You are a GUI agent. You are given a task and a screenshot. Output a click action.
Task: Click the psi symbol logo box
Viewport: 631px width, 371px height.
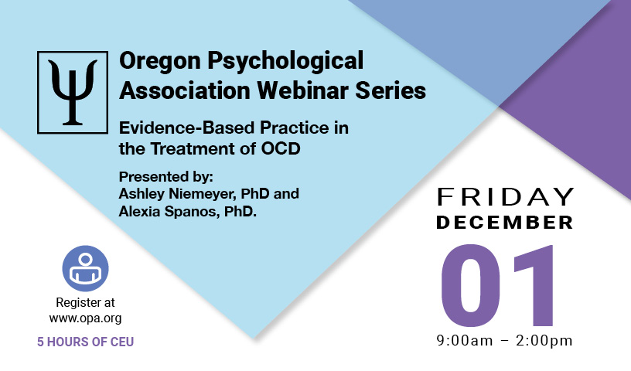pos(73,92)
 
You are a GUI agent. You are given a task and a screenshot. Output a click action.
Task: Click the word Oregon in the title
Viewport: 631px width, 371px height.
pos(160,61)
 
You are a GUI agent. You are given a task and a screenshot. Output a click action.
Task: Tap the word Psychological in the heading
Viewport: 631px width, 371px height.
pos(285,61)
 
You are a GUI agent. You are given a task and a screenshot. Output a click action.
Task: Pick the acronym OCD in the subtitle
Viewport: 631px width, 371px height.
pos(281,149)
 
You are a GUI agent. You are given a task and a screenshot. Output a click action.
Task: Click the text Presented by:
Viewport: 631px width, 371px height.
pos(165,177)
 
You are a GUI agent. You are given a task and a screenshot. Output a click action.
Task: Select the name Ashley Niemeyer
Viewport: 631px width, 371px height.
pos(176,194)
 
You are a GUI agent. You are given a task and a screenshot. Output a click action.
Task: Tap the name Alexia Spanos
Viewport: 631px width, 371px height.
pos(169,212)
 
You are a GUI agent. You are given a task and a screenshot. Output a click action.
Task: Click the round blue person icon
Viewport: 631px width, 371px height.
pos(85,268)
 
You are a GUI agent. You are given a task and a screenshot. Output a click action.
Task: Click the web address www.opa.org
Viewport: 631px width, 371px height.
pos(85,318)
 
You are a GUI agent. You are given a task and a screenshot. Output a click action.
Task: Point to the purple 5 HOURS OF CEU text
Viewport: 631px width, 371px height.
pos(85,342)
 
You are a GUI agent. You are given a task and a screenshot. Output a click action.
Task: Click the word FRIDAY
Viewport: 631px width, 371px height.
pos(505,197)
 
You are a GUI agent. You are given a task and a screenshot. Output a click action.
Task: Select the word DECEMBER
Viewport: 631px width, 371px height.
pos(505,223)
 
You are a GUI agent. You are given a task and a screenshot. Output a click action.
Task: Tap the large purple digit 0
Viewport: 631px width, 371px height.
pos(471,285)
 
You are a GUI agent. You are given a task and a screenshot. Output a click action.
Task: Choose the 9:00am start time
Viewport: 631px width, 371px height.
pos(465,341)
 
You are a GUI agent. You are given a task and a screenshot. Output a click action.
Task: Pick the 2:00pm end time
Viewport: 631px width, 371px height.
pos(544,341)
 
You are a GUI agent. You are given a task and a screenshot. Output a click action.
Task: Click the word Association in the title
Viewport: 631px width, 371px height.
pos(185,90)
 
